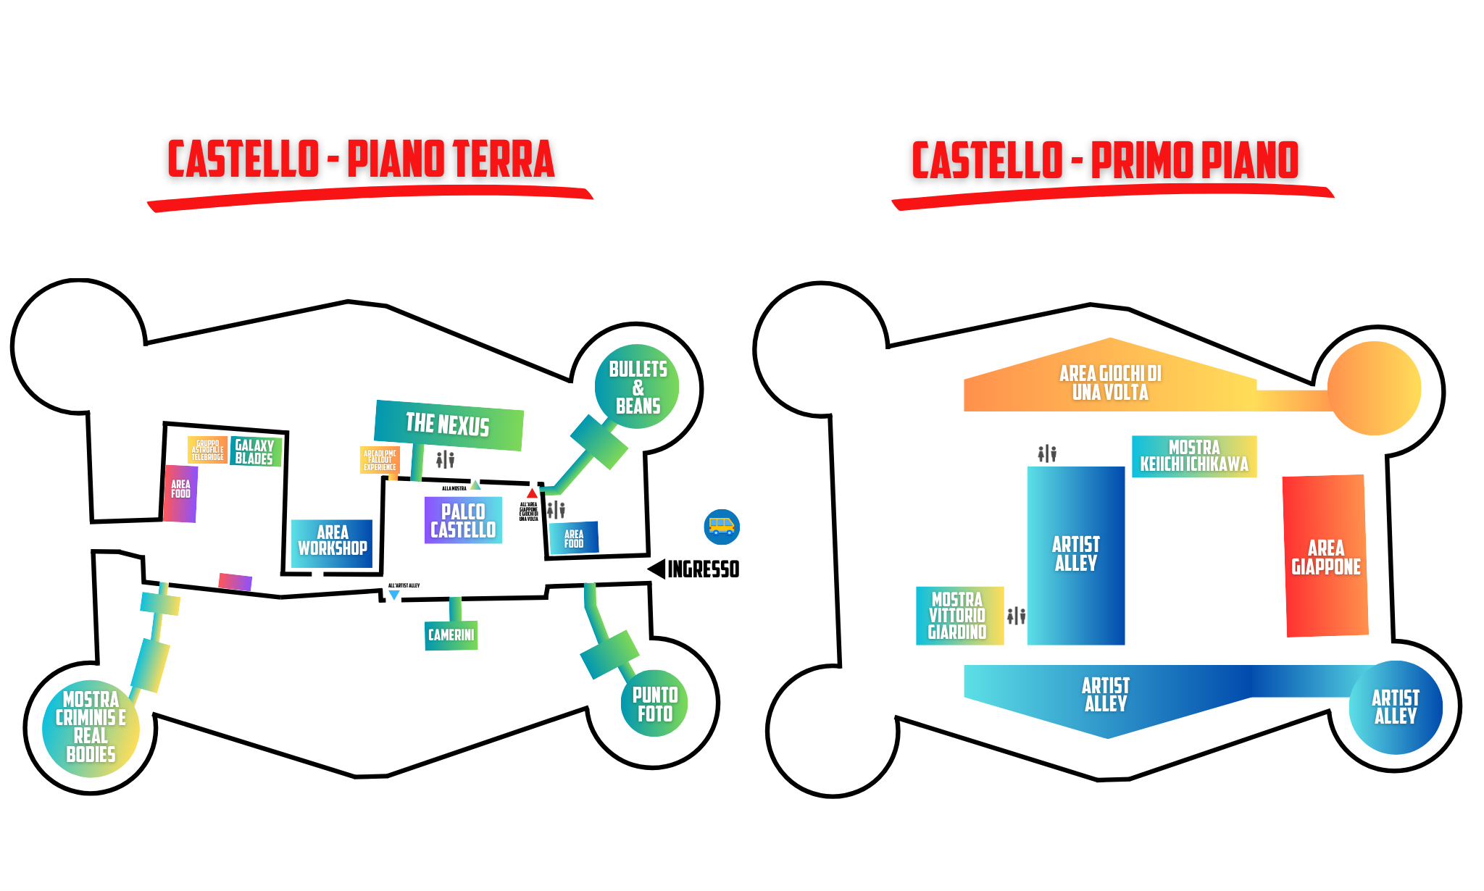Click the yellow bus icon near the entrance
721,527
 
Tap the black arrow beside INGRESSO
657,569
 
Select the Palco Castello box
463,520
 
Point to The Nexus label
448,424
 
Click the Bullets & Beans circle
637,387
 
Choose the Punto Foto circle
654,703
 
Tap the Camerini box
451,635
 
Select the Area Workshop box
332,541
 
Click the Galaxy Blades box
255,452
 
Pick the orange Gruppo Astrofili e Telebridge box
207,450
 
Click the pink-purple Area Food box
180,493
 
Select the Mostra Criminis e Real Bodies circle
91,727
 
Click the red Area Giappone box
1325,556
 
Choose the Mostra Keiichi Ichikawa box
1194,456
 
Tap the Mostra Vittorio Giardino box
959,616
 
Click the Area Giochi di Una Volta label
1109,383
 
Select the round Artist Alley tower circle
1395,708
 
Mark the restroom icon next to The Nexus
445,459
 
